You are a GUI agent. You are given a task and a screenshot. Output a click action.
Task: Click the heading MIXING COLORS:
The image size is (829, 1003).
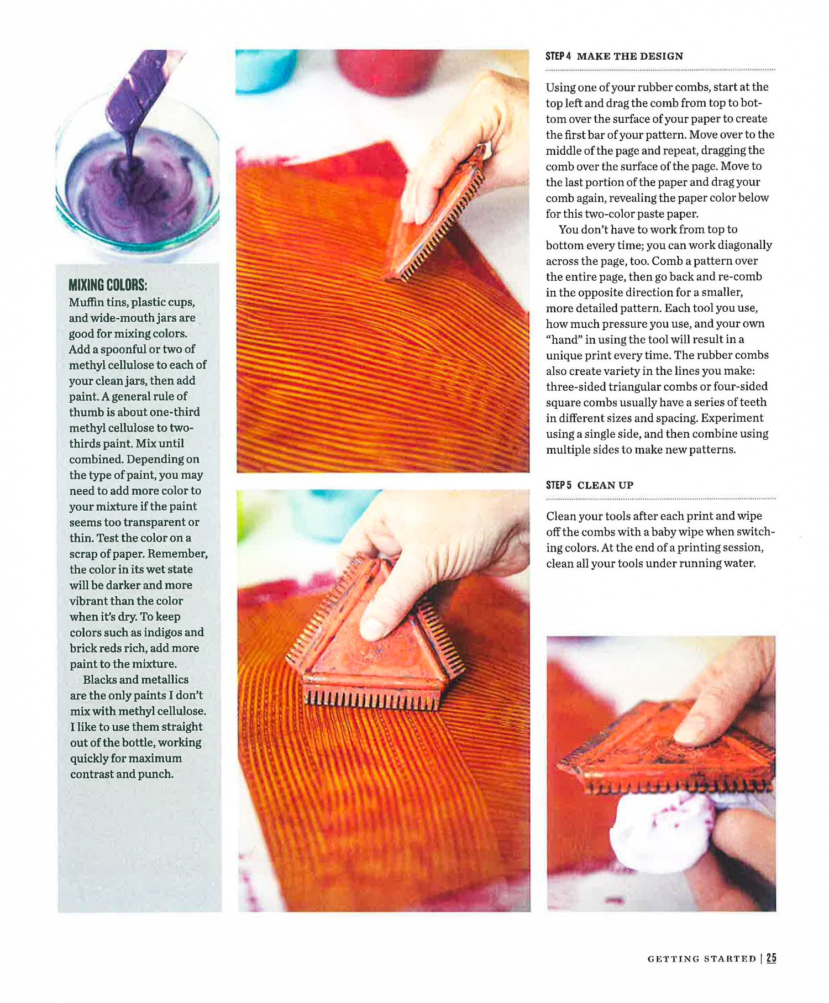(x=108, y=285)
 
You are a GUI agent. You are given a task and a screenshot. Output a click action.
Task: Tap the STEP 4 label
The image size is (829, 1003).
(x=558, y=56)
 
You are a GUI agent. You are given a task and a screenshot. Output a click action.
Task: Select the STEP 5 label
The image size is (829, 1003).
(x=559, y=485)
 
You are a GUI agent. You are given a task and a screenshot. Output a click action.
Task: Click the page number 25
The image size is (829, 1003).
(x=772, y=958)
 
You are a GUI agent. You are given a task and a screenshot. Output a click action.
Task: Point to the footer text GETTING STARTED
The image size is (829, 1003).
(x=702, y=959)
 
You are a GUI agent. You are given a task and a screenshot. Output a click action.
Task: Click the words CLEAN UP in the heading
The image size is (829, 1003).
(x=605, y=485)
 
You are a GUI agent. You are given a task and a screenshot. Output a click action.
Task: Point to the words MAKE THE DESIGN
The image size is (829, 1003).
(x=630, y=56)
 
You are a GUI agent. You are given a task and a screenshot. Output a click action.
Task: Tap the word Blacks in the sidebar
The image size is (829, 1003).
(x=100, y=680)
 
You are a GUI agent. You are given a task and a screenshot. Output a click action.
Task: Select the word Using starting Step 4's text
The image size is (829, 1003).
(x=560, y=87)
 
